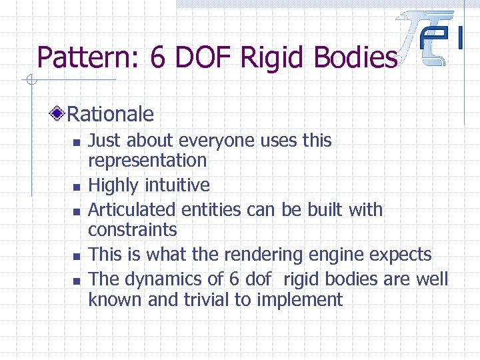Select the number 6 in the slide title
157,58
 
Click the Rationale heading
110,114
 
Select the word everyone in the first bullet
222,141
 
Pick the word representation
147,161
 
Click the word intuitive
179,185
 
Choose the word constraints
133,230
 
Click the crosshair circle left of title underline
30,81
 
